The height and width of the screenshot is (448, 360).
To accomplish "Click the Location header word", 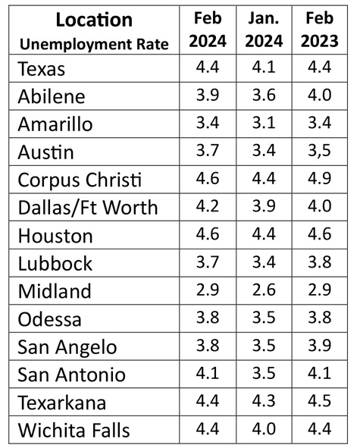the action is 94,20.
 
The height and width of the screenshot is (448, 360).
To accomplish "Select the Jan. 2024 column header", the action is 264,30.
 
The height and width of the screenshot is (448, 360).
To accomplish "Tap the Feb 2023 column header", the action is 319,30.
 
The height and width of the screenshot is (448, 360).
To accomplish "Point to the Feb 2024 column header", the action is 208,30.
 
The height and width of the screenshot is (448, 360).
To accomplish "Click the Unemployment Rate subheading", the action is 94,44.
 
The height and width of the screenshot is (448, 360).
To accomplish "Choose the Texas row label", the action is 42,69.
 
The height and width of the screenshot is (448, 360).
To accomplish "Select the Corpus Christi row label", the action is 80,180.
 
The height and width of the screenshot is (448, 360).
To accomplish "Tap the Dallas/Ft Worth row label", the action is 88,208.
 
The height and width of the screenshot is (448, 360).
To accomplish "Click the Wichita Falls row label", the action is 74,431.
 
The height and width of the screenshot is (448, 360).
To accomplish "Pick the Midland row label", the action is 55,291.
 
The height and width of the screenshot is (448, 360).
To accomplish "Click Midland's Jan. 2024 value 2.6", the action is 264,290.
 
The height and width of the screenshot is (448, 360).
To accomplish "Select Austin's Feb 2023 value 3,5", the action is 319,151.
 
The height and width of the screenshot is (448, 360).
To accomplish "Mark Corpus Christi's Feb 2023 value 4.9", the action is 319,178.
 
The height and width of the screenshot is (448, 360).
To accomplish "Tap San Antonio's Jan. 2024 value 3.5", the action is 264,374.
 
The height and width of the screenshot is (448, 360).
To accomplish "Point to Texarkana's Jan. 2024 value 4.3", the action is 264,400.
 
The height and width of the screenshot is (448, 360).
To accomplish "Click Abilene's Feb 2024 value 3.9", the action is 208,95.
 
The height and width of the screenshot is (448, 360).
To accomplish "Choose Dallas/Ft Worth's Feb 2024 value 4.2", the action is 208,206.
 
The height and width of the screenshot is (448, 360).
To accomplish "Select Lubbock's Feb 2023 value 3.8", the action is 319,262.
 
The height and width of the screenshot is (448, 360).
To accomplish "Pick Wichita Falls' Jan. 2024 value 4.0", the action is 264,428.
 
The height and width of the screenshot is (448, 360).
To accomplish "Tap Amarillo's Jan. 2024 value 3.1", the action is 264,123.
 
